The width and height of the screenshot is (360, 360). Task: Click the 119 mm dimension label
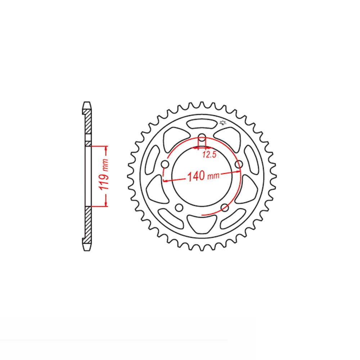(104, 174)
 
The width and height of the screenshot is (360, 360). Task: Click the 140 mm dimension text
(203, 176)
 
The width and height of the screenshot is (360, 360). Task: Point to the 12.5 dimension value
(210, 155)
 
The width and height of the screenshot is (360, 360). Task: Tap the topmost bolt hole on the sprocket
(202, 139)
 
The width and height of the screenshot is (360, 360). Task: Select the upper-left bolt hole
(165, 164)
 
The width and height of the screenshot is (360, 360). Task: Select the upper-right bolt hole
(239, 164)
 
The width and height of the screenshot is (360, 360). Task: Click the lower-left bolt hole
(179, 208)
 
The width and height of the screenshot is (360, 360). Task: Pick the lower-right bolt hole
(225, 208)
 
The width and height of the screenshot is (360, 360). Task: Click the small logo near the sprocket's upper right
(222, 123)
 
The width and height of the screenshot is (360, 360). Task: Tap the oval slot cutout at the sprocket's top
(202, 124)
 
